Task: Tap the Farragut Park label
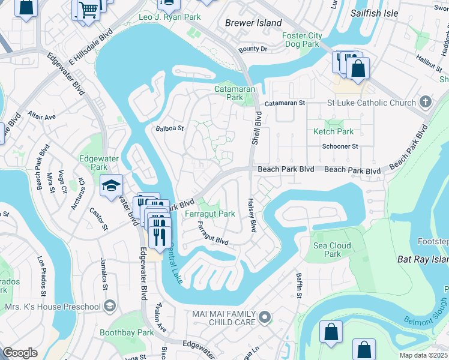click(x=209, y=214)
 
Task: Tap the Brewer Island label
click(x=253, y=23)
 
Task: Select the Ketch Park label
click(x=333, y=131)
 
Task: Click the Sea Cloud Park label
click(x=332, y=250)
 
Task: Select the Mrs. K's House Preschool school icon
click(x=110, y=307)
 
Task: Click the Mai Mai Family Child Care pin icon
click(x=265, y=316)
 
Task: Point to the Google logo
click(x=20, y=353)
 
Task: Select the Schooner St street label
click(x=339, y=146)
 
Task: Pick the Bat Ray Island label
click(x=423, y=260)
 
